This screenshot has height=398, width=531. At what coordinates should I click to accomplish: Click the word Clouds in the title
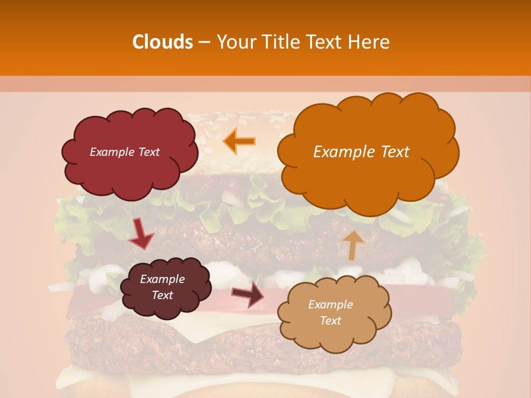click(163, 42)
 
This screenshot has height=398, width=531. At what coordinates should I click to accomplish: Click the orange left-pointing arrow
click(239, 140)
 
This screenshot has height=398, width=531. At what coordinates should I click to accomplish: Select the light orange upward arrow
click(353, 244)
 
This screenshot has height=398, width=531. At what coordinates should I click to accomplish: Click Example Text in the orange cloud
click(361, 152)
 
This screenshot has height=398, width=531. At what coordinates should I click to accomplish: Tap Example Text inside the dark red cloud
click(124, 152)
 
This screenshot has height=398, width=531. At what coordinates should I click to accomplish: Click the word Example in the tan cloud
click(330, 305)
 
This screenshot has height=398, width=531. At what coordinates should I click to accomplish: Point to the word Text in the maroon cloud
click(162, 295)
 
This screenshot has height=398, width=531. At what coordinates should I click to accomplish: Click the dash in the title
click(204, 42)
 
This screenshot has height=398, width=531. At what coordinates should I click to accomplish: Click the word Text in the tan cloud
click(330, 321)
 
